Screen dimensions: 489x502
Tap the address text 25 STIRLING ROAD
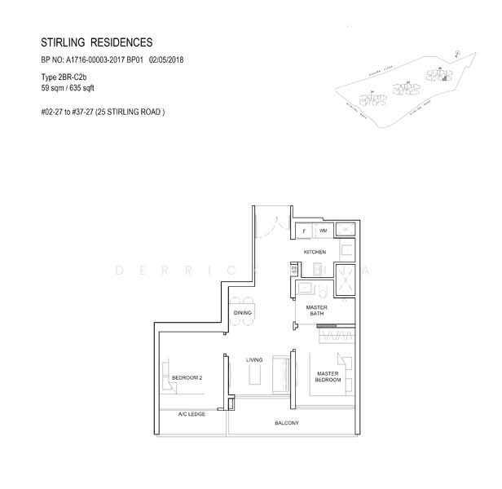pyautogui.click(x=129, y=112)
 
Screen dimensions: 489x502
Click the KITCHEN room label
pyautogui.click(x=315, y=253)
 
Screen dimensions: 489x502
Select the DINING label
pyautogui.click(x=242, y=312)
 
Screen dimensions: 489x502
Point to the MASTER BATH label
pyautogui.click(x=316, y=311)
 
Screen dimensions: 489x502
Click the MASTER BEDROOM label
pyautogui.click(x=328, y=377)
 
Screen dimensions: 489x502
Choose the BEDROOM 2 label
pyautogui.click(x=187, y=377)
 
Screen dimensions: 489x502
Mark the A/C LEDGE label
pyautogui.click(x=192, y=414)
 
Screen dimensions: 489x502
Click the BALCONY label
pyautogui.click(x=287, y=423)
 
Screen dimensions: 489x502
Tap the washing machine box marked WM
pyautogui.click(x=323, y=231)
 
